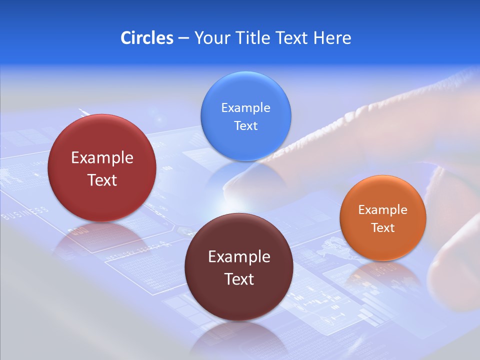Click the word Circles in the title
(146, 38)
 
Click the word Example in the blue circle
(245, 108)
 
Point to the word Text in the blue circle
(245, 126)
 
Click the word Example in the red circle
(102, 158)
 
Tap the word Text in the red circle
(102, 180)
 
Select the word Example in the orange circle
(383, 210)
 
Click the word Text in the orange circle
(383, 228)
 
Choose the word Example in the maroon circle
(239, 257)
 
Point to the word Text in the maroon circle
(239, 279)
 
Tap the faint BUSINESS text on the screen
(25, 213)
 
